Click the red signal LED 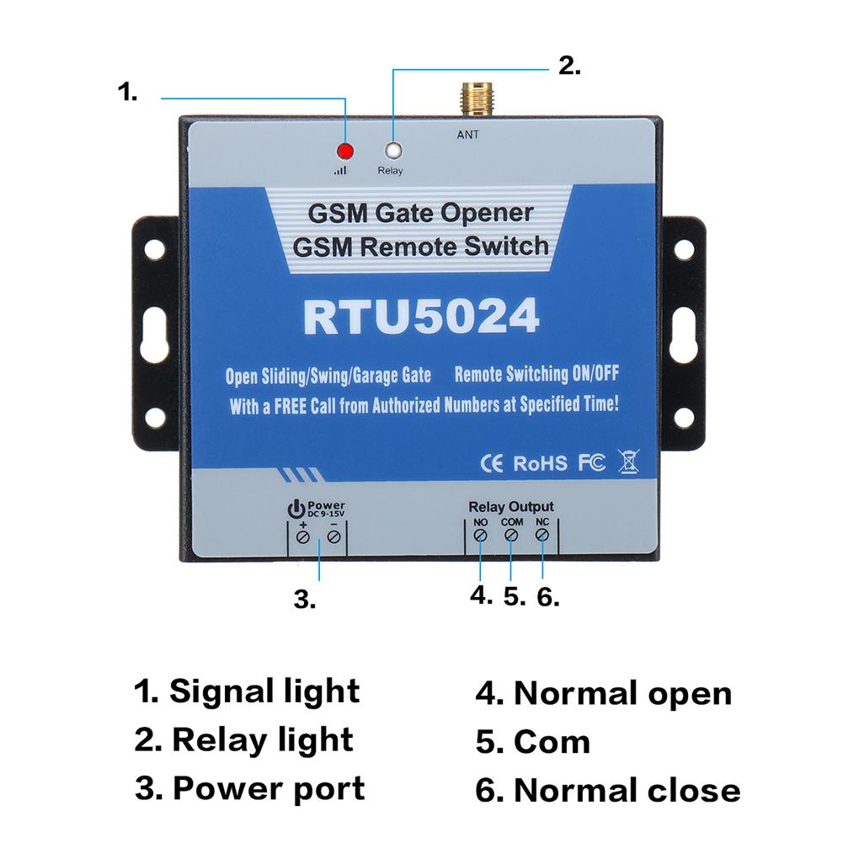coord(344,152)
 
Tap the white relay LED coord(392,152)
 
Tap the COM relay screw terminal coord(511,536)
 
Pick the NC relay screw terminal coord(542,536)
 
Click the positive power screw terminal coord(303,536)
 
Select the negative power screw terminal coord(334,536)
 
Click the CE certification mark coord(491,462)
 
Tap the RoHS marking coord(541,462)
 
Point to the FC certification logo coord(591,462)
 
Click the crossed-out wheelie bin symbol coord(629,462)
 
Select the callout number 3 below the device coord(304,600)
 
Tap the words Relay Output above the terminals coord(511,506)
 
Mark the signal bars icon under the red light coord(340,170)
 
